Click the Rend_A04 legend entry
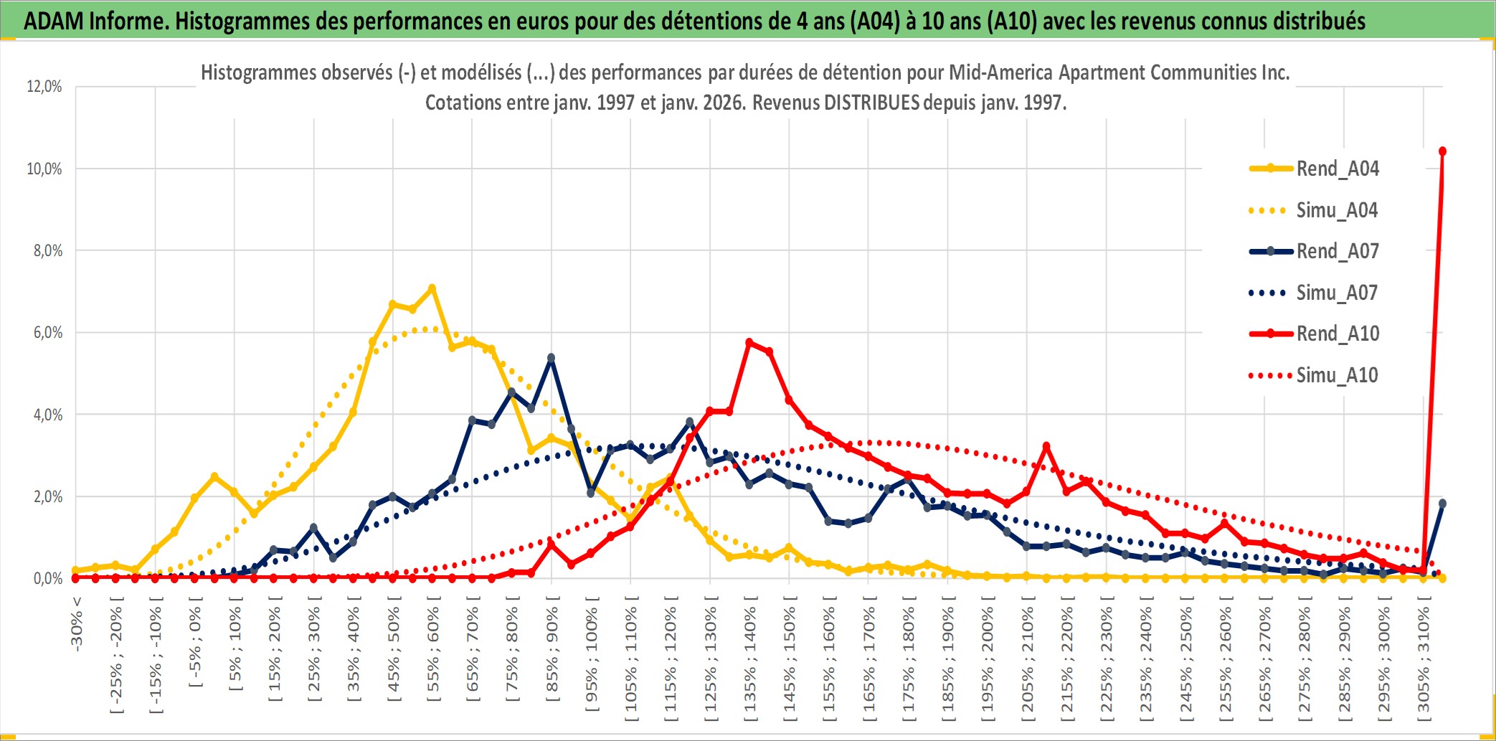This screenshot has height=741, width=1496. tap(1337, 169)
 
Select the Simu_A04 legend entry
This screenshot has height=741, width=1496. tap(1337, 210)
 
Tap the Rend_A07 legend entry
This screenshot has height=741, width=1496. tap(1337, 251)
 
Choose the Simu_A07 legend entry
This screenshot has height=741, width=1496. tap(1337, 293)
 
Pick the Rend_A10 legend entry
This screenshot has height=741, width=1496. tap(1337, 334)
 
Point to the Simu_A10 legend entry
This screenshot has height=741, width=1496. tap(1337, 375)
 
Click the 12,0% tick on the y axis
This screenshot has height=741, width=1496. tap(44, 87)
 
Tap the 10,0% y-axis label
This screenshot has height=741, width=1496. tap(44, 169)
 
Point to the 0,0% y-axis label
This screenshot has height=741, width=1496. tap(47, 578)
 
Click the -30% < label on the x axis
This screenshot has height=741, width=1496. tap(77, 624)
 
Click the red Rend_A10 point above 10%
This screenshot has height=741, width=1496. tap(1442, 151)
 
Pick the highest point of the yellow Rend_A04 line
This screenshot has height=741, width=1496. tap(432, 288)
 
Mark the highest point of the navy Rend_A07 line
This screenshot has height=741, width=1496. tap(551, 357)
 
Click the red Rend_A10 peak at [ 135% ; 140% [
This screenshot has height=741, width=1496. tap(749, 343)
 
